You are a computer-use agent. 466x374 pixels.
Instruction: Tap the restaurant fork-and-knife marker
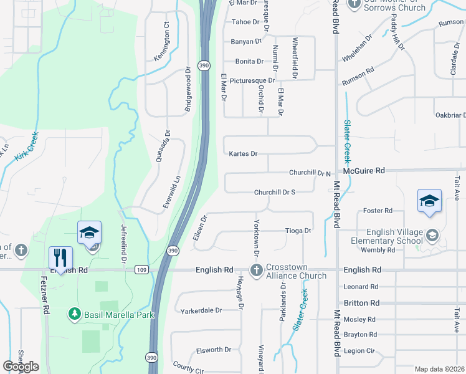tap(60, 257)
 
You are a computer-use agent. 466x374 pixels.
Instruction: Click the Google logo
tap(21, 367)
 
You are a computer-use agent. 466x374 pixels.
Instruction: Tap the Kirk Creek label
tap(26, 145)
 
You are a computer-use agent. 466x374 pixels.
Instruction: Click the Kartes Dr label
tap(243, 153)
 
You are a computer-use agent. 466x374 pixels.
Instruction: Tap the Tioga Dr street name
tap(298, 231)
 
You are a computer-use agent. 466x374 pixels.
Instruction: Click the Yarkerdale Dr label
tap(201, 310)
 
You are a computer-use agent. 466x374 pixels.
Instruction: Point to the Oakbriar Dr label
tap(450, 115)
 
